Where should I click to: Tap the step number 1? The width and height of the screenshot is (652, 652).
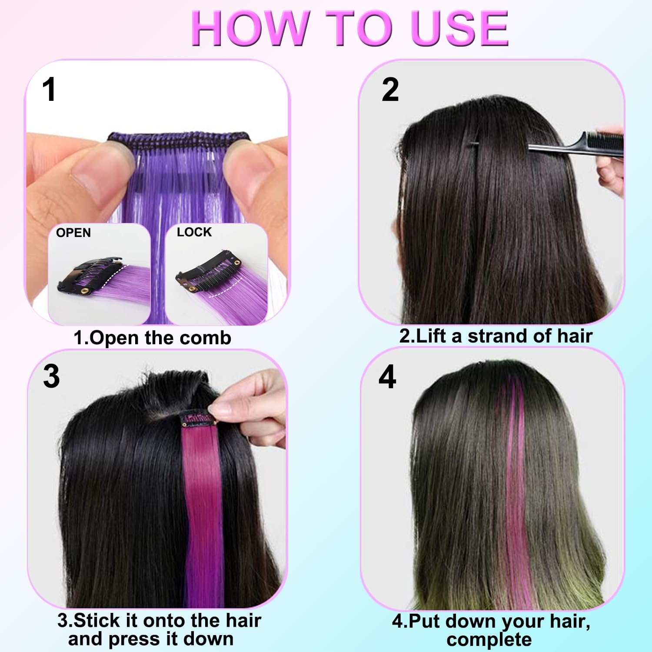point(49,90)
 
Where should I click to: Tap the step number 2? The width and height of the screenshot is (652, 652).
point(390,90)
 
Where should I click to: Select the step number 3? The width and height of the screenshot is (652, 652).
point(51,376)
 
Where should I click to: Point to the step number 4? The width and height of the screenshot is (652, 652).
point(387,377)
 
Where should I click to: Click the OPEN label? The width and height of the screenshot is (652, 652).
point(73,233)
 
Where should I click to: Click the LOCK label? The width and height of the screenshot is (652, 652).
point(194,232)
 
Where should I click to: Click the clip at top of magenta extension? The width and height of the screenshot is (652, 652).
point(198,419)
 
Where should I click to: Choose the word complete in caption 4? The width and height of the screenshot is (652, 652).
point(489,639)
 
